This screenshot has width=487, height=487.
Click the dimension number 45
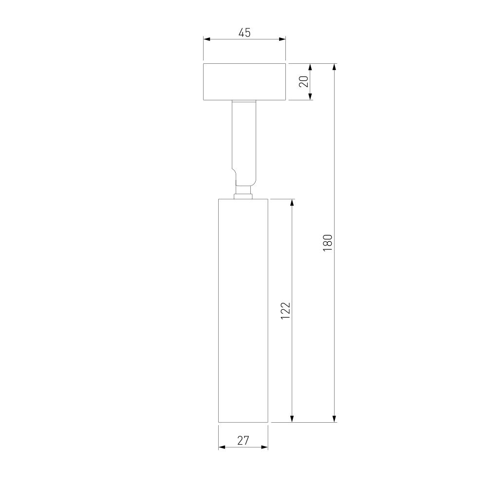coord(244,33)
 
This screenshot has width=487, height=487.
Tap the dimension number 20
coord(304,81)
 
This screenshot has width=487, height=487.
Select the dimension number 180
coord(328,243)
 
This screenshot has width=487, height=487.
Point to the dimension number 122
coord(285,311)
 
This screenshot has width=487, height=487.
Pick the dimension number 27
coord(243,440)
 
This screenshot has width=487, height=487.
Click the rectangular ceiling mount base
coord(244,82)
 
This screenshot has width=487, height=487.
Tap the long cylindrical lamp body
coord(243,311)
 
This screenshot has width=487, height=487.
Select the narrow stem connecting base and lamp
coord(244,143)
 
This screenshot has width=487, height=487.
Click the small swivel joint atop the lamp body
coord(243,192)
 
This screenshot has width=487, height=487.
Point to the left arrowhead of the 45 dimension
coord(206,39)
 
